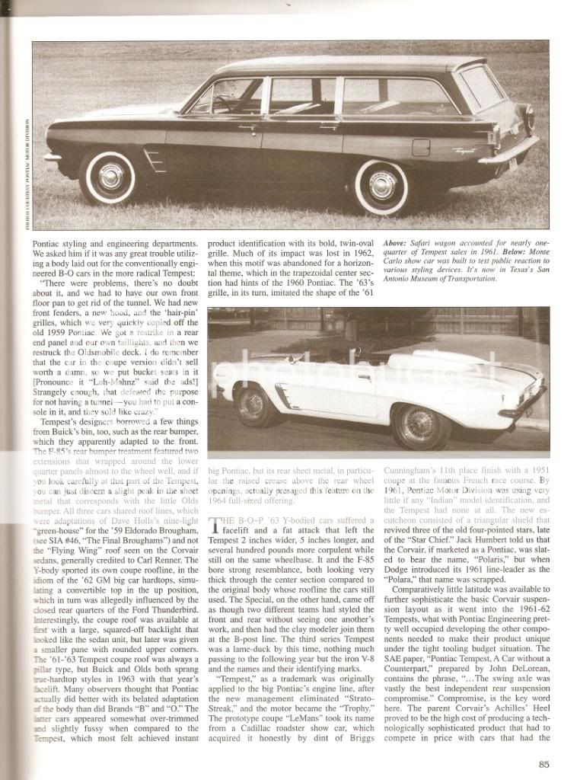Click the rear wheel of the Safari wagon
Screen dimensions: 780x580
tap(381, 185)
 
